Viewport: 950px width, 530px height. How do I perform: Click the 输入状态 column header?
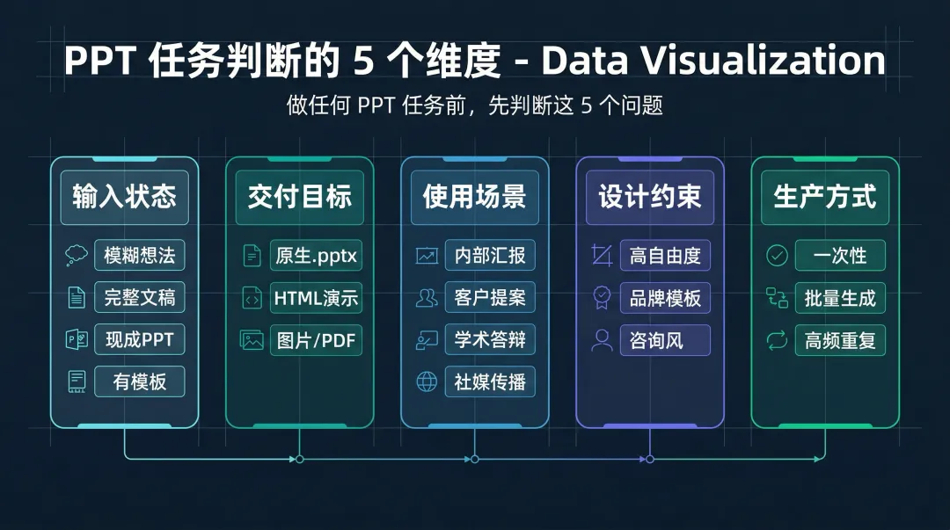(x=124, y=197)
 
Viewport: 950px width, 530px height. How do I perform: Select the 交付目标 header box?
(x=299, y=197)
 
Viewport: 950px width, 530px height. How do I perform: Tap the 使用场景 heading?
(x=474, y=197)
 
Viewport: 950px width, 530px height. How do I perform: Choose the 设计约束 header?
(x=650, y=197)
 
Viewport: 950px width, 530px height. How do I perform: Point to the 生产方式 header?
(x=825, y=197)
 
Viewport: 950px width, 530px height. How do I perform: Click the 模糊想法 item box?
(x=139, y=256)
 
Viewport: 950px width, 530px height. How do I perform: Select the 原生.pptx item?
(x=316, y=256)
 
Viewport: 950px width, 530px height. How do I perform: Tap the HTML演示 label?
(x=316, y=298)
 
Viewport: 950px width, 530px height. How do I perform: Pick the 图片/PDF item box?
(x=316, y=340)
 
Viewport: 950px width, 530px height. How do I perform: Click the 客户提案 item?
(x=490, y=298)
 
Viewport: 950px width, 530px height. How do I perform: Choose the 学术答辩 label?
(x=490, y=340)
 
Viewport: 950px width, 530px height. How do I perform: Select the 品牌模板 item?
(x=665, y=298)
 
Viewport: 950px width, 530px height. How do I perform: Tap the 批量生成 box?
(x=840, y=298)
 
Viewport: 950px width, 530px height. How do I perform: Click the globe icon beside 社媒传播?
(x=427, y=381)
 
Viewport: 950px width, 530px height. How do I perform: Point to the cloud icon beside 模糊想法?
(x=77, y=256)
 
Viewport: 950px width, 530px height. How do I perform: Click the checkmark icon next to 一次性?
(x=777, y=256)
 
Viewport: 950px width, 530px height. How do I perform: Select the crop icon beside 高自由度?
(x=602, y=256)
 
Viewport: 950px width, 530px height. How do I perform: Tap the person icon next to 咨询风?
(x=602, y=340)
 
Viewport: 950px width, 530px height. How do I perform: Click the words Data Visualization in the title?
(x=713, y=61)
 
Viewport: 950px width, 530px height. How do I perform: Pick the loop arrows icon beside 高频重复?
(x=777, y=340)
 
